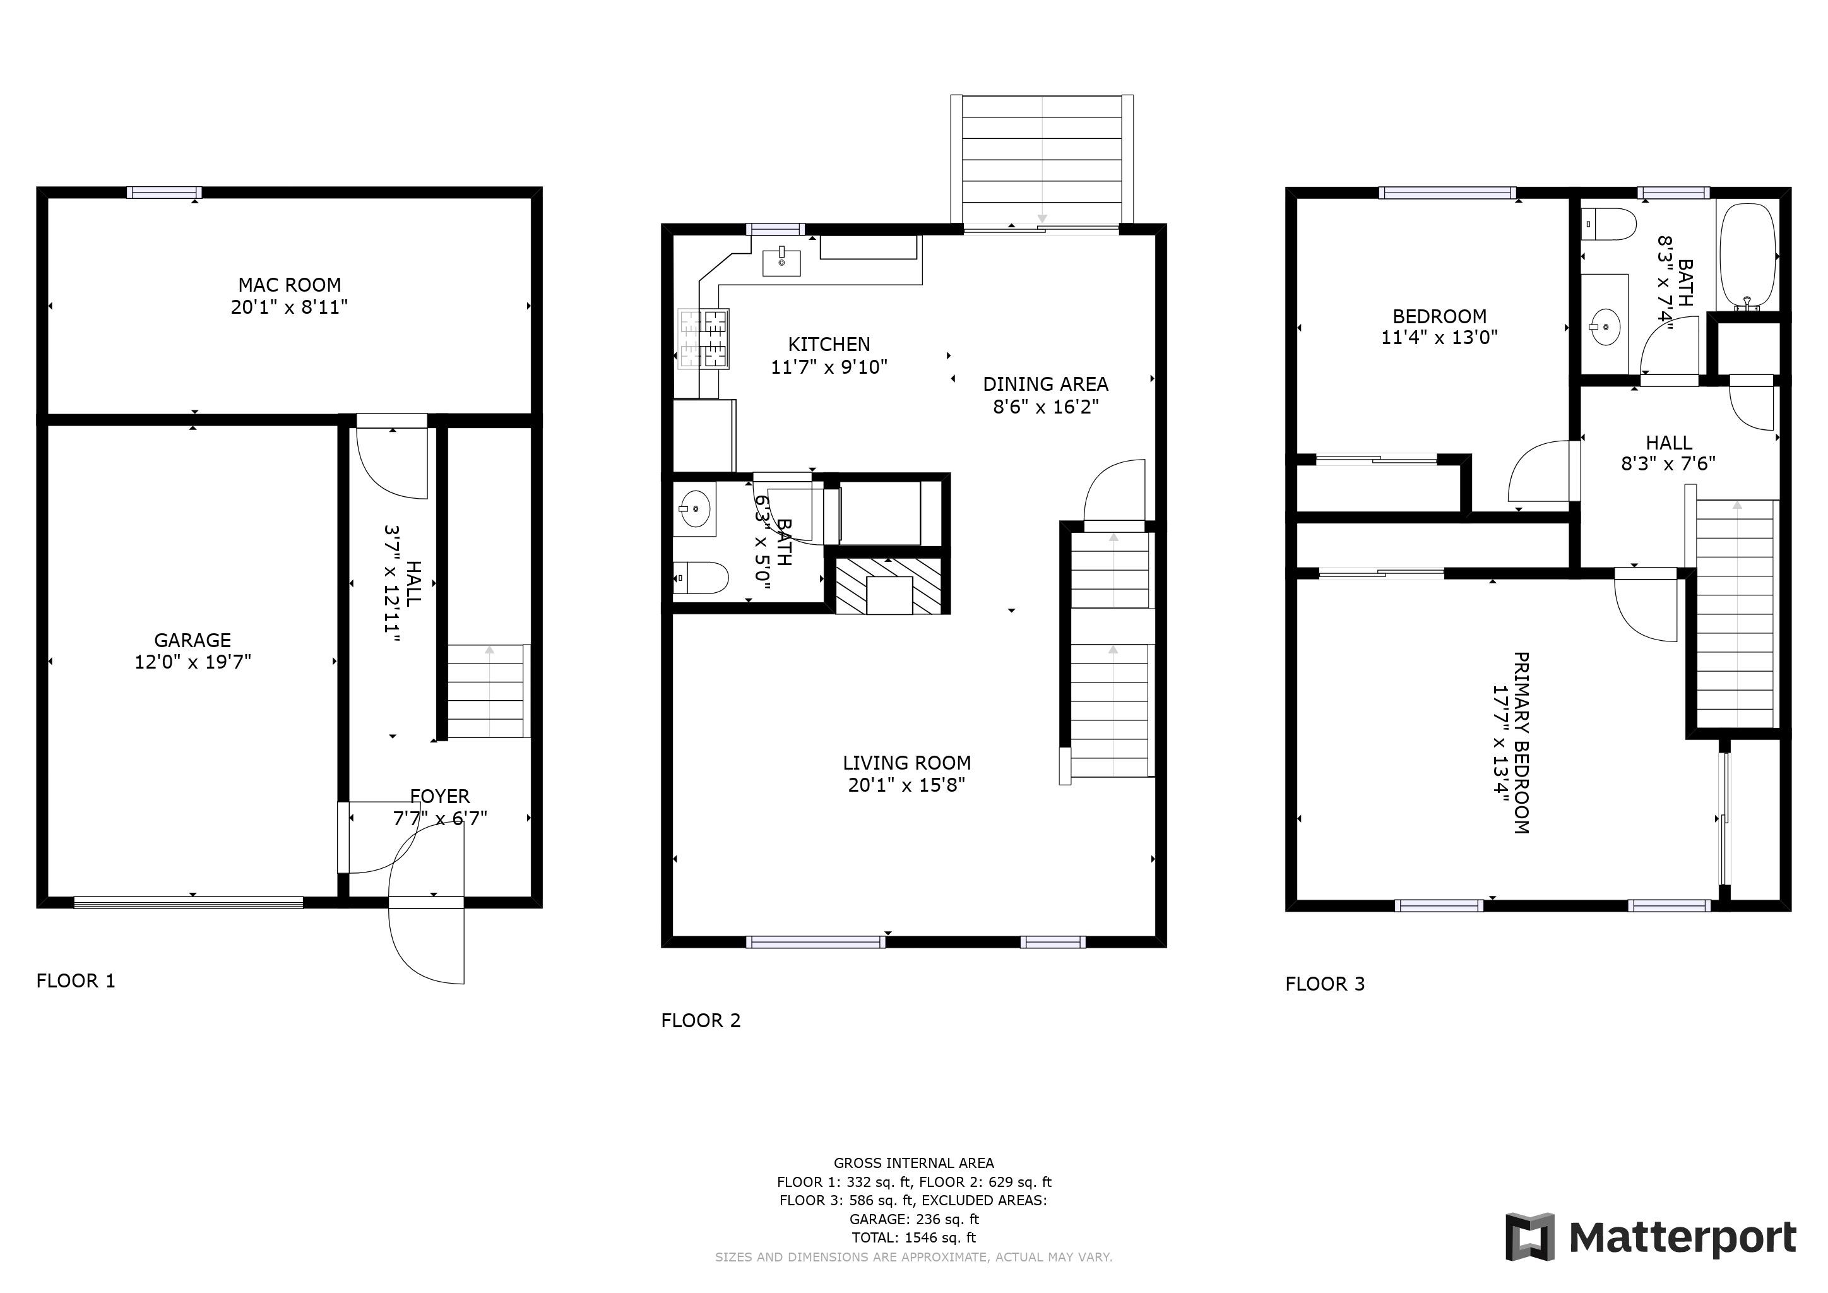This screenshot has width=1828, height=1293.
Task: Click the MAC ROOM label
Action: click(289, 285)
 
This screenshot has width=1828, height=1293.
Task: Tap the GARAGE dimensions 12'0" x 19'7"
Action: click(193, 662)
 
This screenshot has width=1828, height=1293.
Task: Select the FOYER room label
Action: click(439, 796)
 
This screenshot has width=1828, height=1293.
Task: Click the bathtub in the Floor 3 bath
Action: click(1748, 256)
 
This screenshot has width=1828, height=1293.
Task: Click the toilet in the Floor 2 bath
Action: click(701, 578)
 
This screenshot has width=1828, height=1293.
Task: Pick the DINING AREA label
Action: click(1045, 384)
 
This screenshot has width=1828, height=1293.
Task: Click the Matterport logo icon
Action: click(1529, 1236)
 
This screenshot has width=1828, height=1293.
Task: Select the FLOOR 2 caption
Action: click(701, 1021)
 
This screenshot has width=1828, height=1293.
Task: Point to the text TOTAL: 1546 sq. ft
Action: click(913, 1237)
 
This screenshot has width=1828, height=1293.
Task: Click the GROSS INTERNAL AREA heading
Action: click(913, 1162)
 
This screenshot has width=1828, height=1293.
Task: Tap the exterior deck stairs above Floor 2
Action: click(1042, 159)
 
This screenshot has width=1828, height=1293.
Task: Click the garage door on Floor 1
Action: click(189, 902)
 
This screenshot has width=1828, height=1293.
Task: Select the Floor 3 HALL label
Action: click(1669, 443)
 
